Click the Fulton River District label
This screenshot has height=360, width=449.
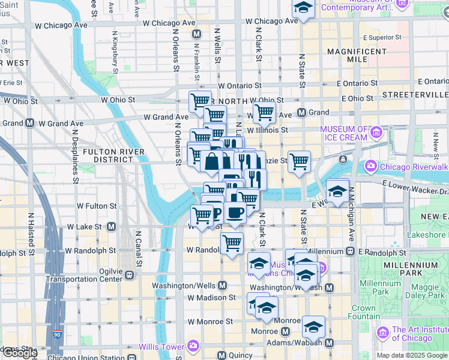click(x=108, y=155)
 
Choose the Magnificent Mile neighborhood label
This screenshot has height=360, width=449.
click(x=357, y=56)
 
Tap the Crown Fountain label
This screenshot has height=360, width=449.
click(x=364, y=312)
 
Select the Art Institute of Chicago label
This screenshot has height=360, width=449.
click(x=420, y=334)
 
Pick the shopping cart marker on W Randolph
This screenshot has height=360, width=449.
click(x=232, y=244)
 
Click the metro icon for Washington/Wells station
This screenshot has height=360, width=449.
click(x=223, y=284)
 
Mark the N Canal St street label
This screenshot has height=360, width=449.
click(x=138, y=250)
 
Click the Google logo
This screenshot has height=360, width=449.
click(x=20, y=353)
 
